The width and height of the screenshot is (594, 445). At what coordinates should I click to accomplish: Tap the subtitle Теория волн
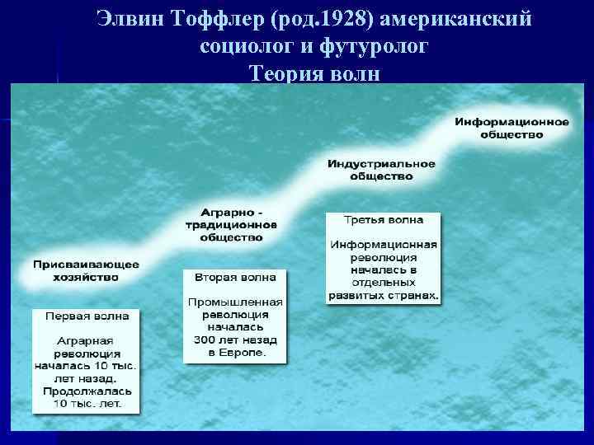(x=314, y=74)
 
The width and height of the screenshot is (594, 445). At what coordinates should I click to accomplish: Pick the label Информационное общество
(x=511, y=128)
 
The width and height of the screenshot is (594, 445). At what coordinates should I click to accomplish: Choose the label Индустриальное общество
(x=381, y=170)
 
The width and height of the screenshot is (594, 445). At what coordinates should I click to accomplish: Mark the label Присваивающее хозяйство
(x=87, y=271)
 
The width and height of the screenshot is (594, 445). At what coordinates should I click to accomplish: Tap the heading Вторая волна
(x=235, y=276)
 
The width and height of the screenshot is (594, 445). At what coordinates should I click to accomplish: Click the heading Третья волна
(x=384, y=220)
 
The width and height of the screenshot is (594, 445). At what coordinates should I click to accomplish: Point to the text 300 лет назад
(x=235, y=340)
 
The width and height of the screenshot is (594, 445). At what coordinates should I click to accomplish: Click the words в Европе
(x=235, y=352)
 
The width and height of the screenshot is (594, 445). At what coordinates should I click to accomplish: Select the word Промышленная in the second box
(x=235, y=302)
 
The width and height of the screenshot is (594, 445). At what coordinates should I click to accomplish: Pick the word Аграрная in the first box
(x=85, y=340)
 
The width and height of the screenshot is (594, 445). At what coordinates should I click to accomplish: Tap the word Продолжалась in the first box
(x=86, y=391)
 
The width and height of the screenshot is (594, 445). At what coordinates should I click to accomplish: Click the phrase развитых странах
(x=384, y=294)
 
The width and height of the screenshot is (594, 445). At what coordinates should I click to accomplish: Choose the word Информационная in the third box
(x=384, y=245)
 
